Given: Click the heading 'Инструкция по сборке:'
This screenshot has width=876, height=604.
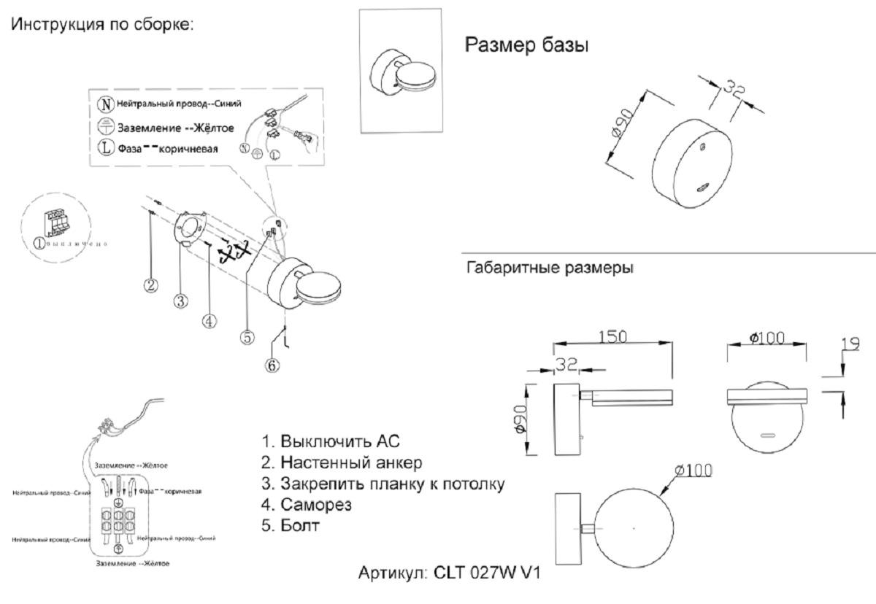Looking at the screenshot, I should pyautogui.click(x=101, y=24).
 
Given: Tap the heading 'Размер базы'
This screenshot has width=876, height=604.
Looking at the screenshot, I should pyautogui.click(x=527, y=45).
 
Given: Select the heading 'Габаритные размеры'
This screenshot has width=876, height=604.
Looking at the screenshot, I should pyautogui.click(x=549, y=268).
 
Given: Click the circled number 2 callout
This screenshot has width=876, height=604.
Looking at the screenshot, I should pyautogui.click(x=151, y=285).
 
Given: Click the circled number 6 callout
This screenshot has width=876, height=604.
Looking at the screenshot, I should pyautogui.click(x=272, y=365).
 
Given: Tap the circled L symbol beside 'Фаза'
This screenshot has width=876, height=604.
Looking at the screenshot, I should pyautogui.click(x=107, y=148).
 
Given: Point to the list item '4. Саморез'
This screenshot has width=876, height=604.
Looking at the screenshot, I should pyautogui.click(x=307, y=504).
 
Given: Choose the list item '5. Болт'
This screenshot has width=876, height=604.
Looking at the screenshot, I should pyautogui.click(x=291, y=524).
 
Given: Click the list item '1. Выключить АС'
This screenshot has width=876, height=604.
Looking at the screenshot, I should pyautogui.click(x=331, y=441).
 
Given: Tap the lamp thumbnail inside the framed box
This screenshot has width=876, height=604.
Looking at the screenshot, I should pyautogui.click(x=402, y=72).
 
